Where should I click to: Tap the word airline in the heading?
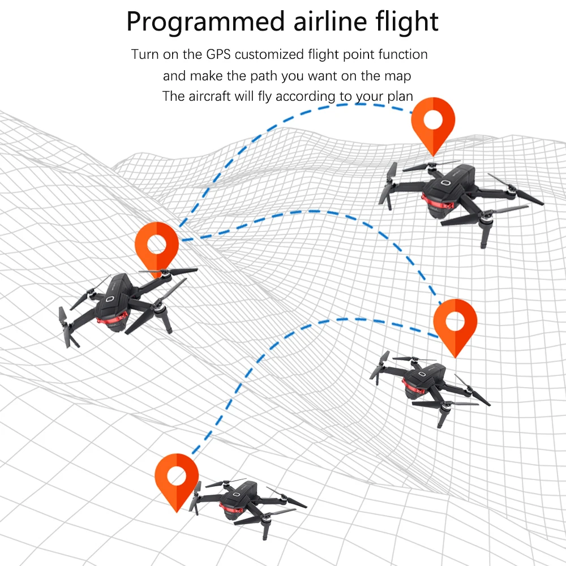331,22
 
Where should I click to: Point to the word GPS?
218,54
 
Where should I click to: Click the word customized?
269,54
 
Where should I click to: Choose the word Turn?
145,54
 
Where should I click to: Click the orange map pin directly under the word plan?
433,126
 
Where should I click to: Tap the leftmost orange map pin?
157,250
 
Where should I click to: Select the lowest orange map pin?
177,482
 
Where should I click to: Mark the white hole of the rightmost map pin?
455,321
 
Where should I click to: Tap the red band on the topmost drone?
438,203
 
